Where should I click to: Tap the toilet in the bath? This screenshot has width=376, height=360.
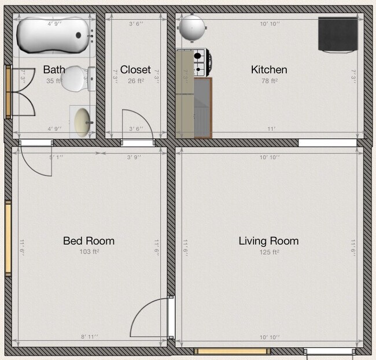coord(75,79)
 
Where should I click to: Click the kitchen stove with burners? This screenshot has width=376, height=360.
coord(200,63)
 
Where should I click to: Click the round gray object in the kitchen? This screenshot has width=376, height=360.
coord(192,27)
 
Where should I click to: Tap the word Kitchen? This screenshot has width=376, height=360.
coord(268,70)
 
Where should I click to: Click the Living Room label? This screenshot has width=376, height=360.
coord(268,241)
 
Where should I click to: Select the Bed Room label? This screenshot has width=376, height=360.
coord(89,241)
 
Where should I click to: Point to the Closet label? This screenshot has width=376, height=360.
coord(135,70)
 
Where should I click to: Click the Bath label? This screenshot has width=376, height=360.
coord(54,70)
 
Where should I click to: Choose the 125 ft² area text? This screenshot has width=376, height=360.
coord(269,252)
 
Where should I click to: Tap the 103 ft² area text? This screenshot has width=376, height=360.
coord(89,252)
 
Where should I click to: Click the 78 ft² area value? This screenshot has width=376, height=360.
coord(269,81)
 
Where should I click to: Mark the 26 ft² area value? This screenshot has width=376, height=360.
coord(135,81)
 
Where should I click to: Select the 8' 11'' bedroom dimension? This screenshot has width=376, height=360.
coord(89,336)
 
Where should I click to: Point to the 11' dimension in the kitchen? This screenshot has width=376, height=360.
coord(271,129)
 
